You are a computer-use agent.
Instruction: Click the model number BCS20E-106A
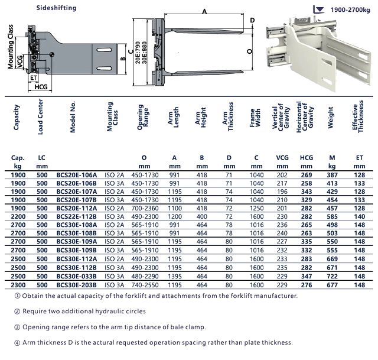click(77, 175)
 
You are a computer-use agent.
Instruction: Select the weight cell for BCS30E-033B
click(332, 276)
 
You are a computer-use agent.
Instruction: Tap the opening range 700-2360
click(145, 208)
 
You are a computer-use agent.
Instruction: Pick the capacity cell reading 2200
click(18, 216)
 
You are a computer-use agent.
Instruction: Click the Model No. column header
click(73, 117)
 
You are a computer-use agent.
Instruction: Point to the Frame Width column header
click(255, 118)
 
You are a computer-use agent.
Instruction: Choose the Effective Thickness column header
click(358, 116)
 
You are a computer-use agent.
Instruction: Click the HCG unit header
click(307, 161)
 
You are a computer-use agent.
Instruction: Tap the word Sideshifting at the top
click(57, 8)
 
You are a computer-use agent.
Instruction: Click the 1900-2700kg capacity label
click(350, 10)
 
